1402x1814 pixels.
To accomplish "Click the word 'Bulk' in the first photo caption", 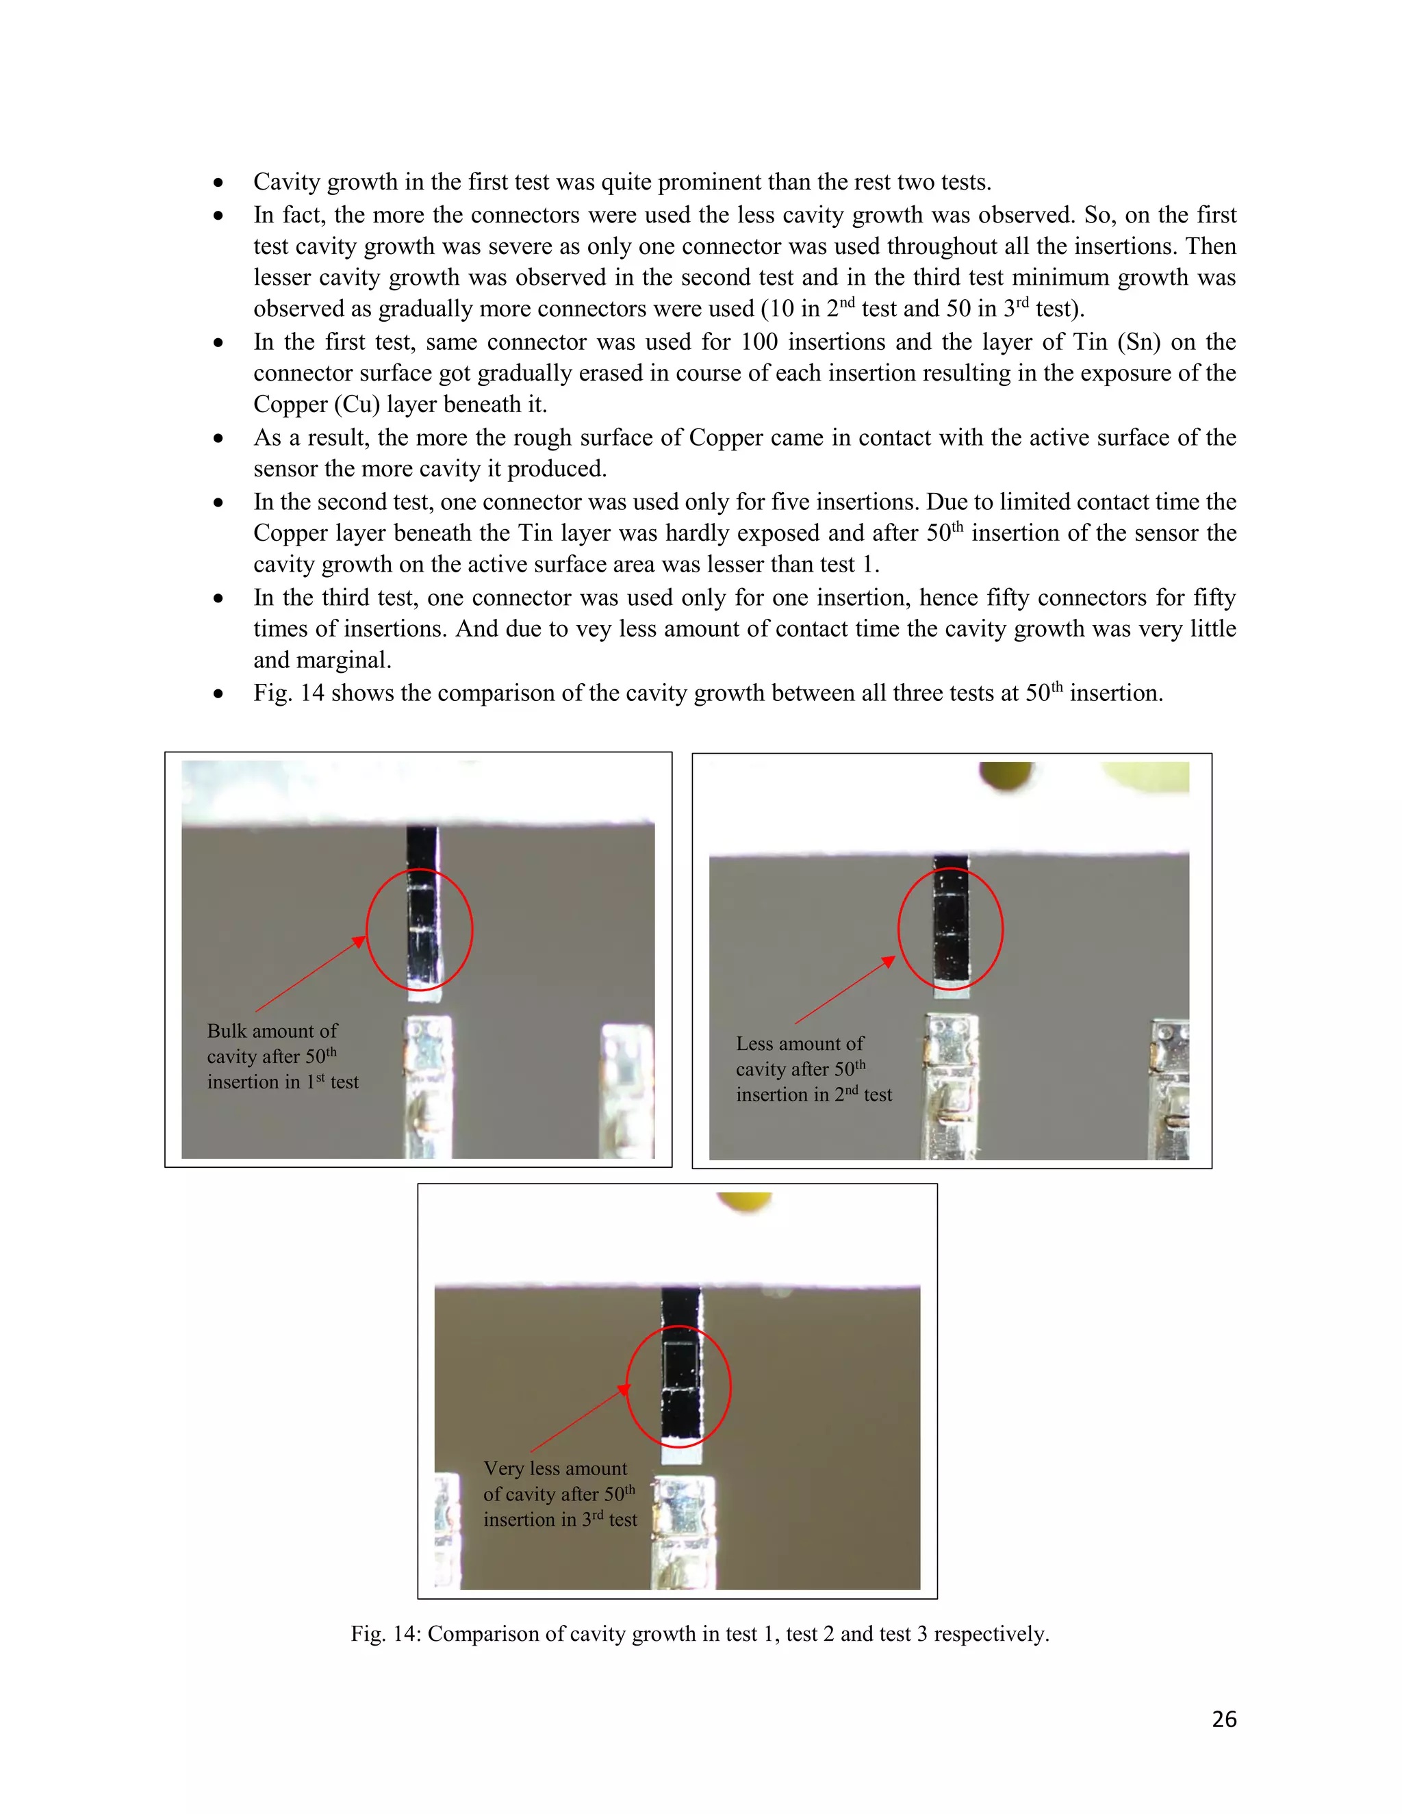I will (227, 1031).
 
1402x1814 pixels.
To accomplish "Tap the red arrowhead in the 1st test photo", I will (359, 941).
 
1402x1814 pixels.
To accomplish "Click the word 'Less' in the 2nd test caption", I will (755, 1043).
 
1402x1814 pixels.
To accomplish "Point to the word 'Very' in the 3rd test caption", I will (503, 1468).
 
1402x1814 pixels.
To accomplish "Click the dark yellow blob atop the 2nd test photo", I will (1006, 775).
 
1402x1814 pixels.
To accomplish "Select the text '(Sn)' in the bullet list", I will (1138, 342).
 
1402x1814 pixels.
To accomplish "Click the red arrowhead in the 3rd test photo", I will (624, 1390).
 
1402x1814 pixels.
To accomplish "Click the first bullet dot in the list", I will (218, 183).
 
